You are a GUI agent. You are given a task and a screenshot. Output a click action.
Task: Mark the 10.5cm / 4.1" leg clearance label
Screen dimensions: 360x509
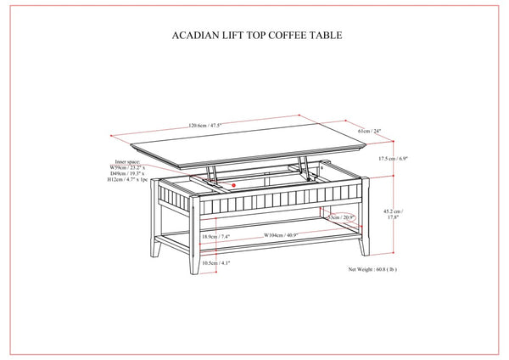pos(215,264)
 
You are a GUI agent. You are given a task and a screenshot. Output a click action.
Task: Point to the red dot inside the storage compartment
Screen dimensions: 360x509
pos(232,183)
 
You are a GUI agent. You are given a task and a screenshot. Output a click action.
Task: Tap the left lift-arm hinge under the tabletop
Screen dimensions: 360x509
pos(213,174)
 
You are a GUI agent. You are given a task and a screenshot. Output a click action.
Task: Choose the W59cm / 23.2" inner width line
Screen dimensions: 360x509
pos(126,168)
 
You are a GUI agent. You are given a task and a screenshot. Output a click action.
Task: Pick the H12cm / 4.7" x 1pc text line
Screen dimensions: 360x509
pos(128,181)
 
